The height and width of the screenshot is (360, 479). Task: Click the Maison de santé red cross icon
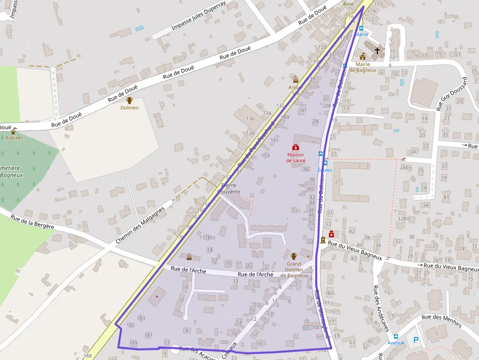click(295, 147)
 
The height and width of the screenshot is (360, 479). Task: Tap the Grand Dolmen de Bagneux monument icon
click(294, 256)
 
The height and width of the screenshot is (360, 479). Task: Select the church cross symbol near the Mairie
click(377, 50)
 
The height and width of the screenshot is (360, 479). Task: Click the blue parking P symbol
click(416, 340)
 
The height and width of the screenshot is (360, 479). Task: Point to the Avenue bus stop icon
click(396, 336)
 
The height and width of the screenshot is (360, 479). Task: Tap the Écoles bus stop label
click(325, 170)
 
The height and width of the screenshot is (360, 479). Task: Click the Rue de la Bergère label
click(32, 224)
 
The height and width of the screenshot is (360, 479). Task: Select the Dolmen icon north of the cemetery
click(130, 100)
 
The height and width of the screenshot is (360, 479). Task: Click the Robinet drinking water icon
click(14, 131)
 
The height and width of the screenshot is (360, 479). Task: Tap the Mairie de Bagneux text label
click(366, 67)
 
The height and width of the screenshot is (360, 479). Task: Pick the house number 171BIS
click(207, 237)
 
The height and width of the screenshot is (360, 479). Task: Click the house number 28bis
click(406, 167)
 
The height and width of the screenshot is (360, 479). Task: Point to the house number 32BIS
click(404, 218)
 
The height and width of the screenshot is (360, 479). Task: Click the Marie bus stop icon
click(362, 28)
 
